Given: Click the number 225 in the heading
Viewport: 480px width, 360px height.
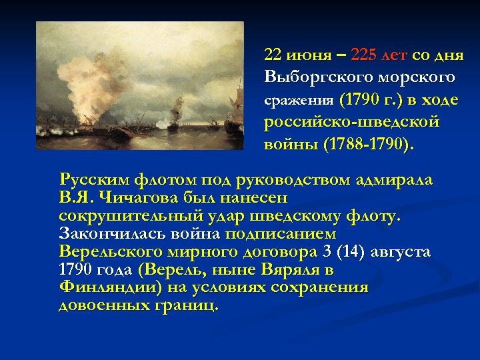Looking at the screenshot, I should (366, 54).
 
